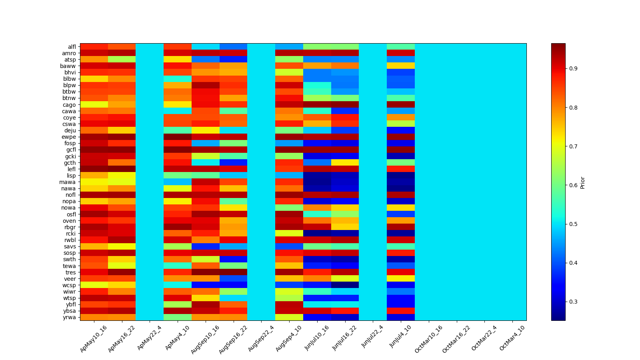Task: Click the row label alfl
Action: click(72, 47)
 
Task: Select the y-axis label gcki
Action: click(70, 156)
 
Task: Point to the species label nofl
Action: click(71, 195)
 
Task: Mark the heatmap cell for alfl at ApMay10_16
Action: click(94, 47)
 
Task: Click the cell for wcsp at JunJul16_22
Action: click(345, 285)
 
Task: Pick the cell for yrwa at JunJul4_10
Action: click(401, 317)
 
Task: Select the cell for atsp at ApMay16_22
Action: click(122, 60)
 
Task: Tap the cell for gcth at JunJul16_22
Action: click(345, 163)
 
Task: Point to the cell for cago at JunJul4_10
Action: click(401, 105)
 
